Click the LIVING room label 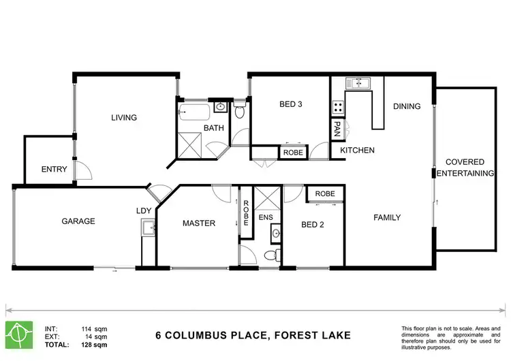(124, 118)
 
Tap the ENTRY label (54, 170)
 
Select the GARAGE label (78, 221)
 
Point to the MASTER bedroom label (199, 223)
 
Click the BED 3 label (291, 104)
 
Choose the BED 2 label (312, 225)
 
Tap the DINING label (407, 106)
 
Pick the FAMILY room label (386, 218)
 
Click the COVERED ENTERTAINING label (465, 168)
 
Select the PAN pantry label (337, 127)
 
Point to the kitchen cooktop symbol (337, 107)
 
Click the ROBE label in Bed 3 (293, 153)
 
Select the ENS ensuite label (266, 218)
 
